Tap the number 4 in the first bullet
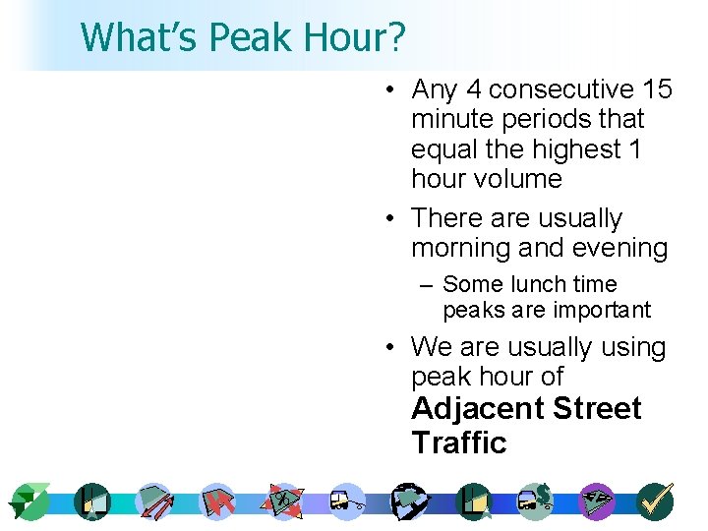[x=473, y=89]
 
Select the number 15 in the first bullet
[x=657, y=89]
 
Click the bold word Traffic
[x=459, y=442]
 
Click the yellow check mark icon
[x=654, y=501]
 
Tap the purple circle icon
[x=597, y=501]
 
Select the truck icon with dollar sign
[x=537, y=501]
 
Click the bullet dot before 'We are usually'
[x=391, y=347]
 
